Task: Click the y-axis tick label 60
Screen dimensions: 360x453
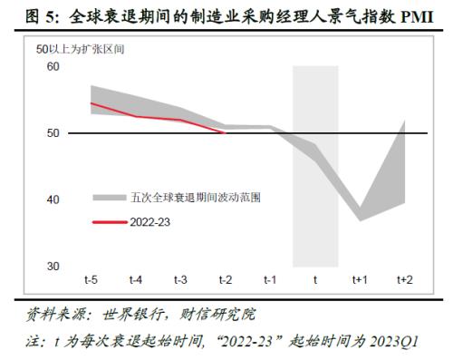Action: tap(51, 67)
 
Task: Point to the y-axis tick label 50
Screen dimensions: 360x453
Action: tap(51, 133)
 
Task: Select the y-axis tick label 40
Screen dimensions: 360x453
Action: tap(51, 199)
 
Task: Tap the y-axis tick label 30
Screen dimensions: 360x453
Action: tap(51, 266)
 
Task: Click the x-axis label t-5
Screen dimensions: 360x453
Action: tap(92, 280)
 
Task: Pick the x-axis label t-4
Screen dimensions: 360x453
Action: tap(136, 280)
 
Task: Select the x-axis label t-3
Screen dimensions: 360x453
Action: tap(180, 280)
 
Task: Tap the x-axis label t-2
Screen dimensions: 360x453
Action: tap(225, 280)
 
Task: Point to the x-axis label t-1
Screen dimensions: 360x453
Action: tap(270, 280)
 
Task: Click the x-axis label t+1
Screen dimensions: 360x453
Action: tap(359, 280)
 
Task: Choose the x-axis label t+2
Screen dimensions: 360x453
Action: tap(404, 280)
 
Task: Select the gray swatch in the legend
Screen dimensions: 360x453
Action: tap(108, 197)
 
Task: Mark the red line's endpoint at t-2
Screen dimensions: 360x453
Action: tap(225, 132)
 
